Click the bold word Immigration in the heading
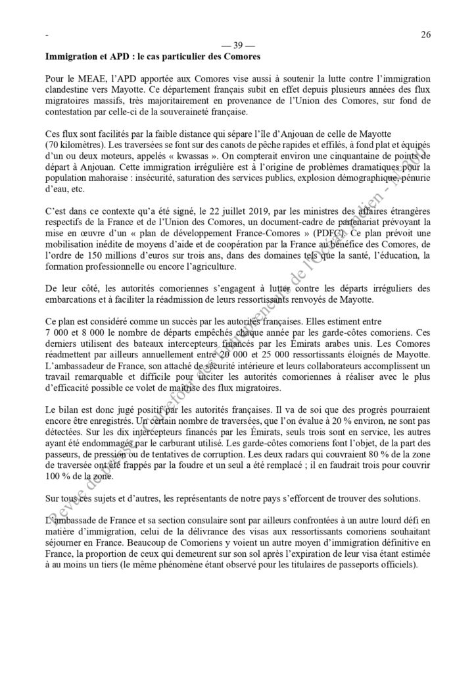pyautogui.click(x=71, y=57)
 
